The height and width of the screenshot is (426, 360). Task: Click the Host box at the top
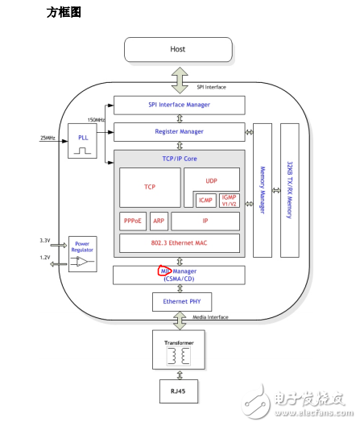177,50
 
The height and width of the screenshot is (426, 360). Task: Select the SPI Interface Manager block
178,105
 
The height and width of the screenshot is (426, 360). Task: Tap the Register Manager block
178,132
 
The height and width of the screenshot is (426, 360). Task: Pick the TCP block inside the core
150,187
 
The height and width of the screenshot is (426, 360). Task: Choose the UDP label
211,181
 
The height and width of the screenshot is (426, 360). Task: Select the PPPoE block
132,221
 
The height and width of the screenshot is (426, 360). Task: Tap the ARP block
159,221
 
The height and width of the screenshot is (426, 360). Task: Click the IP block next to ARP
205,221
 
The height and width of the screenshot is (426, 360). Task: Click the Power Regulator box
81,253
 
